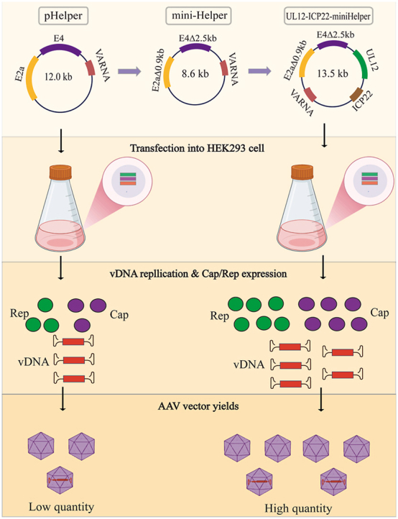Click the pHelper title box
pos(63,17)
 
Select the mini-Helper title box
pos(198,17)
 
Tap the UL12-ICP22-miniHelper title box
pos(328,17)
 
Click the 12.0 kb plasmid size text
pos(58,77)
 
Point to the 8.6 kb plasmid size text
pos(195,73)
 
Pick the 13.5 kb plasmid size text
pos(332,73)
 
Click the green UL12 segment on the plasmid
pos(361,63)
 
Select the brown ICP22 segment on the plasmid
pos(356,94)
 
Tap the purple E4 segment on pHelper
pos(60,50)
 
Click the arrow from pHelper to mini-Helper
pos(129,71)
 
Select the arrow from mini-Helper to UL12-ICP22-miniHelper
pos(260,71)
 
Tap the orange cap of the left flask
pos(60,172)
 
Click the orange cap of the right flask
pos(302,172)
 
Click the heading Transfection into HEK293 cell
pos(197,147)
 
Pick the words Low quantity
pos(61,507)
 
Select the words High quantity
pos(298,508)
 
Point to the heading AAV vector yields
pos(198,405)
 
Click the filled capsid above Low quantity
pos(60,480)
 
